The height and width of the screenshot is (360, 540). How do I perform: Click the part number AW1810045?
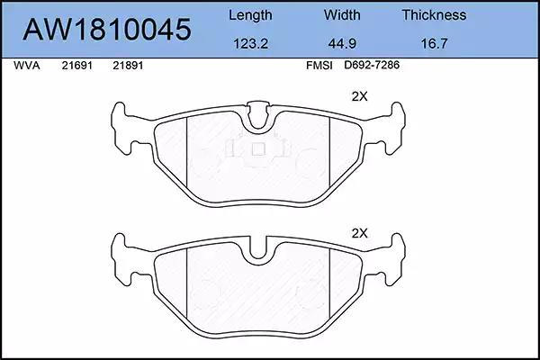(107, 30)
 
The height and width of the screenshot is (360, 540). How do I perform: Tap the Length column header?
(250, 15)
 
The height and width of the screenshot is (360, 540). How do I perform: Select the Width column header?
(342, 14)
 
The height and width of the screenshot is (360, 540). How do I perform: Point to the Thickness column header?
(434, 14)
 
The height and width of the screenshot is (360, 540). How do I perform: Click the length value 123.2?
(250, 44)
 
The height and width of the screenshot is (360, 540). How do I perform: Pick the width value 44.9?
(342, 44)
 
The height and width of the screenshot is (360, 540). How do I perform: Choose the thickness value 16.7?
(434, 44)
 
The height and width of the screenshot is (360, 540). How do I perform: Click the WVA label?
(27, 66)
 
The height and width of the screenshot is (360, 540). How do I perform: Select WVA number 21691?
(77, 66)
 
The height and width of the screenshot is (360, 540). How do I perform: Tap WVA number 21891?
(128, 66)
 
